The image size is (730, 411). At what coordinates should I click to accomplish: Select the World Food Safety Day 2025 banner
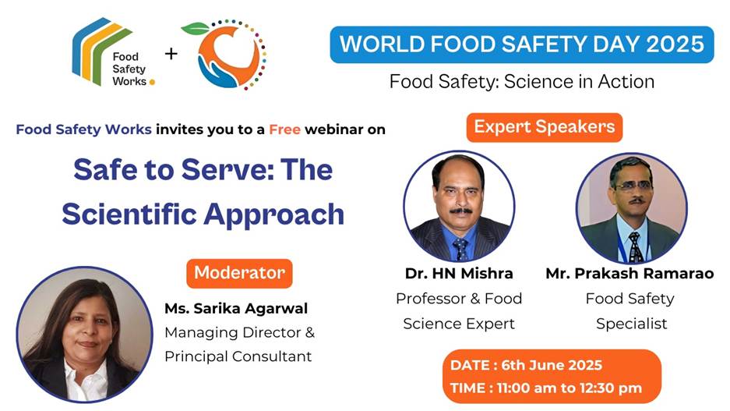pyautogui.click(x=521, y=44)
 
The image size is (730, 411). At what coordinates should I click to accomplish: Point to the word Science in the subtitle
pyautogui.click(x=526, y=81)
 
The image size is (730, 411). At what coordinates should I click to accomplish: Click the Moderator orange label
pyautogui.click(x=239, y=273)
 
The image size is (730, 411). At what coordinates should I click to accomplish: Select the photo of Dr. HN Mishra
pyautogui.click(x=459, y=206)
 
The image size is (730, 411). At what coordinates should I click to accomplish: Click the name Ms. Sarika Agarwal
pyautogui.click(x=236, y=308)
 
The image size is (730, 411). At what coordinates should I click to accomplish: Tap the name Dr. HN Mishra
pyautogui.click(x=459, y=274)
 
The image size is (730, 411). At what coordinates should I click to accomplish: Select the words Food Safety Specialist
pyautogui.click(x=631, y=310)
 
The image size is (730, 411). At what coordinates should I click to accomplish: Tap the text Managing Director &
pyautogui.click(x=239, y=332)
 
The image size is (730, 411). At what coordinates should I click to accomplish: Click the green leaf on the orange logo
pyautogui.click(x=195, y=29)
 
